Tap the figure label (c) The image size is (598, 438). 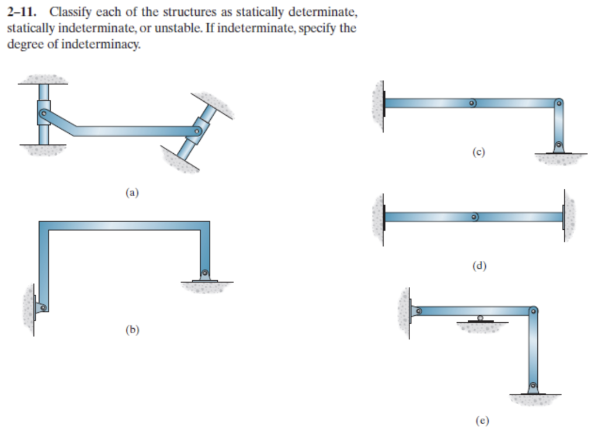[x=479, y=153]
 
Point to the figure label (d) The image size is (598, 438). [x=479, y=266]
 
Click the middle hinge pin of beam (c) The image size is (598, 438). [x=472, y=104]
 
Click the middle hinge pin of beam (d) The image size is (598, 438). [x=475, y=218]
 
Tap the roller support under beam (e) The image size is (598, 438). [x=480, y=319]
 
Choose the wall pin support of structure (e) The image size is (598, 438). [x=416, y=311]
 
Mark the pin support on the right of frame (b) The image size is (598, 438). [x=204, y=274]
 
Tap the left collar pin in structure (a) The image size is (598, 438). [x=43, y=112]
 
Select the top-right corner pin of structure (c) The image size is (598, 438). [x=559, y=104]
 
